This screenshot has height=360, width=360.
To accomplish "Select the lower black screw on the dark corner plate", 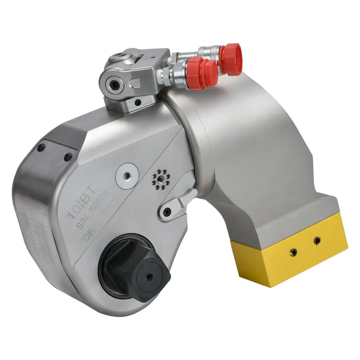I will click(69, 157).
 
